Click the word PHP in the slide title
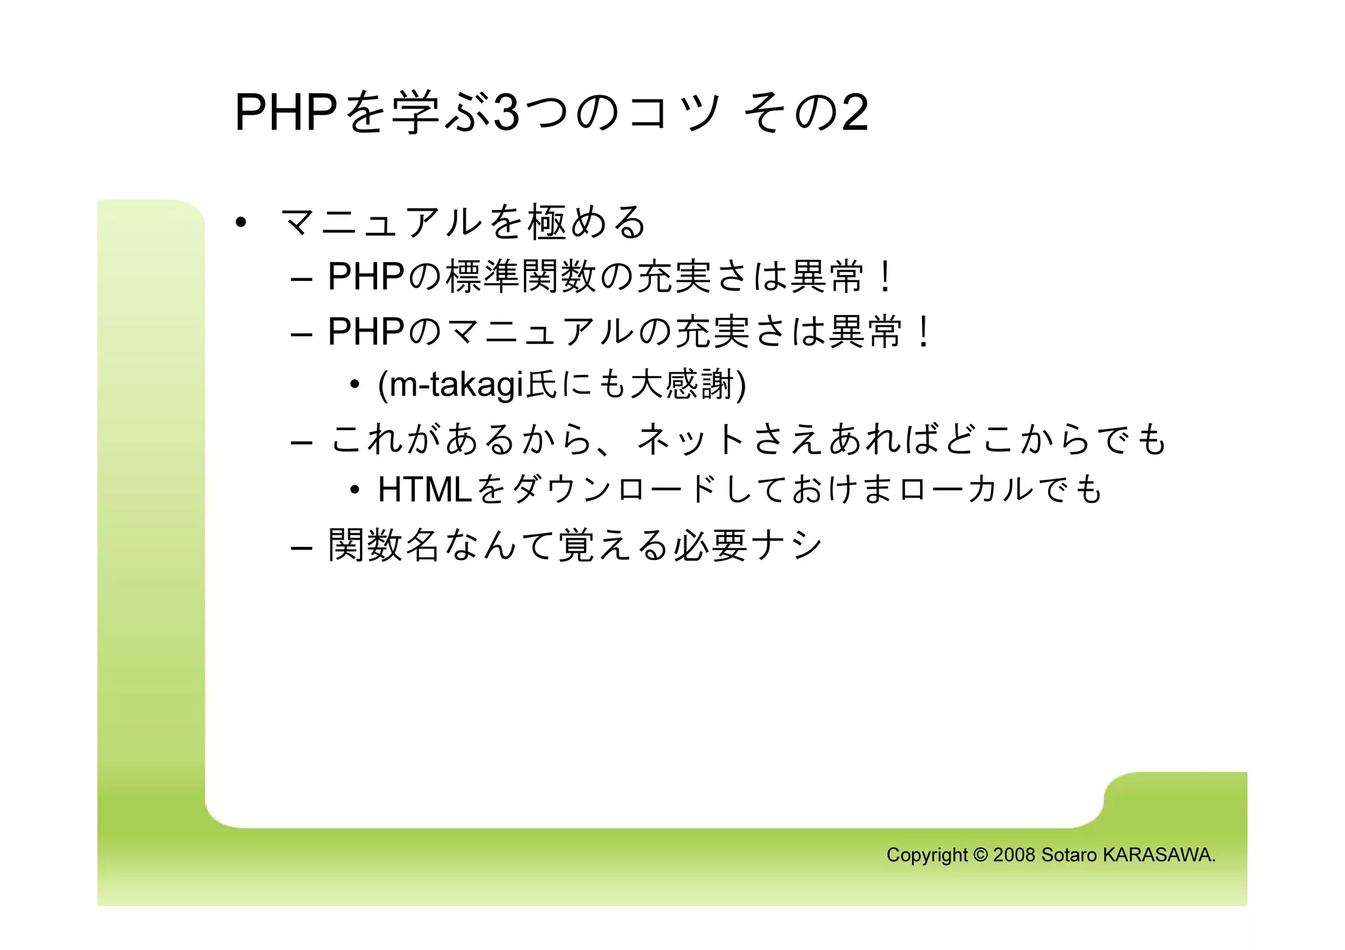point(286,113)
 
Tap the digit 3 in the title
point(506,113)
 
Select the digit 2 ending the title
point(854,113)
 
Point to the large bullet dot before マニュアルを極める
point(241,223)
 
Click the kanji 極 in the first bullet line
point(547,222)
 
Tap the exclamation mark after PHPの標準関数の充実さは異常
point(885,276)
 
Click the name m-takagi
point(457,385)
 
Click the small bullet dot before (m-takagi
point(355,385)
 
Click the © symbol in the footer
point(980,855)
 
